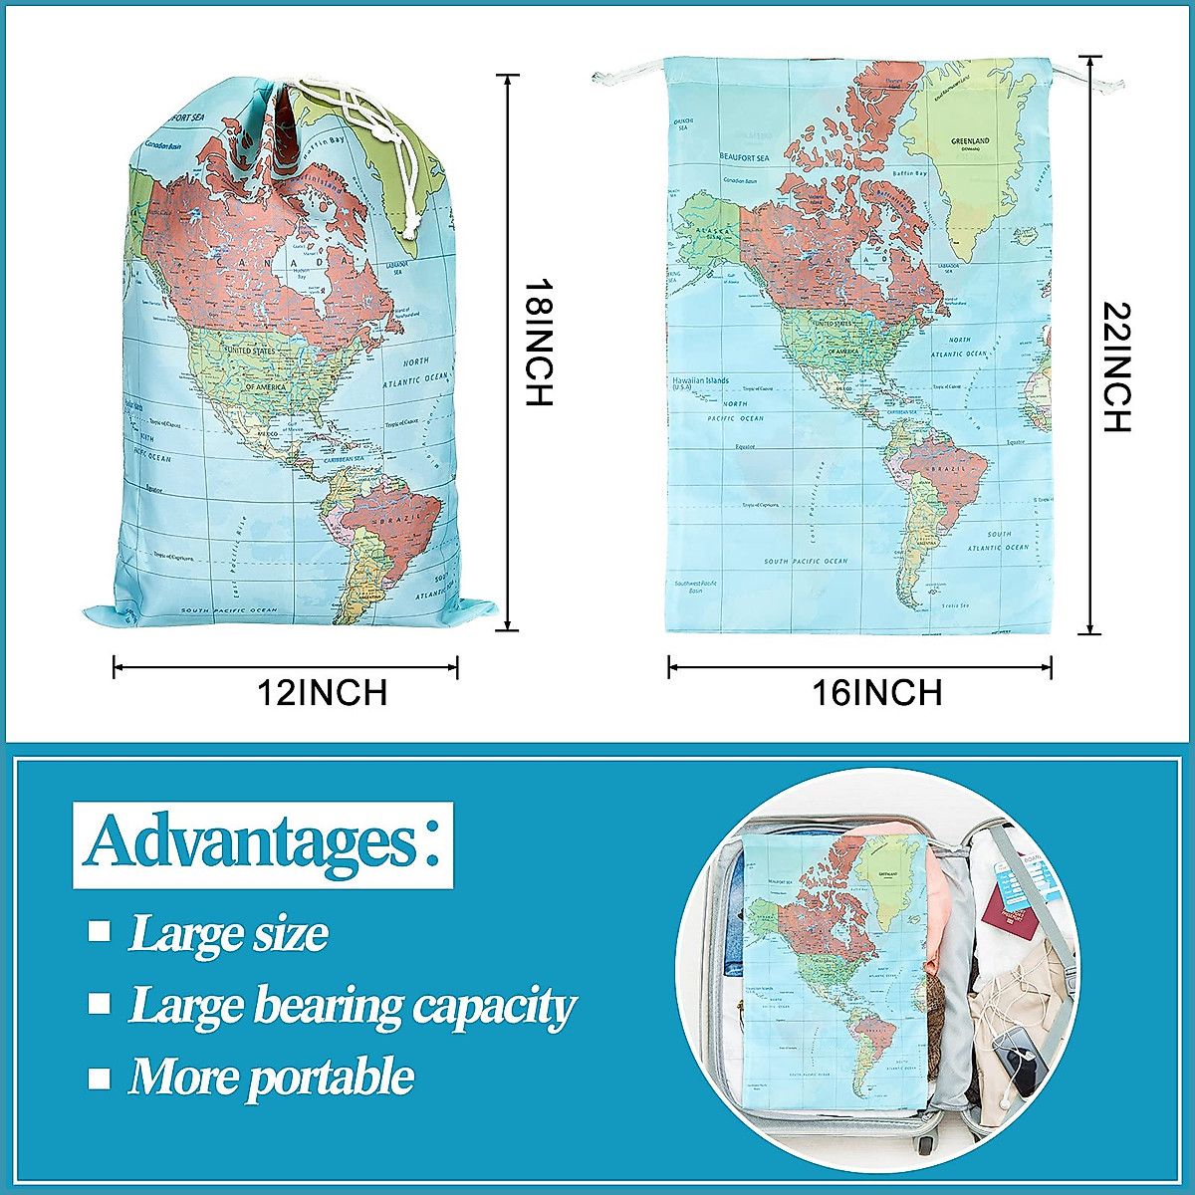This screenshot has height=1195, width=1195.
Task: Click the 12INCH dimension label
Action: tap(322, 691)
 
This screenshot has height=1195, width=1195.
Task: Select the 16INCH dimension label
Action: tap(877, 691)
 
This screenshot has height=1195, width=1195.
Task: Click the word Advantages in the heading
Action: tap(248, 842)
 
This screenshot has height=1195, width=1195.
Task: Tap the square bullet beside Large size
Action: tap(99, 931)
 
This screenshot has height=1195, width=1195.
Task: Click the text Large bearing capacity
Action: tap(353, 1005)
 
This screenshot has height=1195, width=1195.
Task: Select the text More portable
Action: tap(271, 1076)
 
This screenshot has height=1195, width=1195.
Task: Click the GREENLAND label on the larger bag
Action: tap(970, 141)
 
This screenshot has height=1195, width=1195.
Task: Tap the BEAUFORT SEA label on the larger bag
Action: tap(745, 157)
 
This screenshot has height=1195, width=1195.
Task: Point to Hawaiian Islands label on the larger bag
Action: tap(700, 381)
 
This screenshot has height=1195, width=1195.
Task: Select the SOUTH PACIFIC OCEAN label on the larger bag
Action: tap(806, 562)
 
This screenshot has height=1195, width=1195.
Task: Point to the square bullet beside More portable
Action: tap(99, 1077)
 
